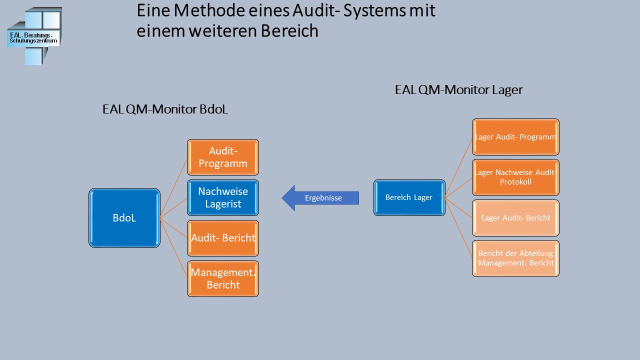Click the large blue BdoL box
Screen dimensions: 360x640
tap(124, 218)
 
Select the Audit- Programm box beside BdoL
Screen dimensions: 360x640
tap(223, 157)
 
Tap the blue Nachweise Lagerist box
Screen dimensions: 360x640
tap(223, 197)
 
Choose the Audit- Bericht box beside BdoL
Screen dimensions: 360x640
tap(223, 238)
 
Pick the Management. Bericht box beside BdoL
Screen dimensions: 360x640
tap(223, 278)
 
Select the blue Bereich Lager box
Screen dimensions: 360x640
tap(409, 197)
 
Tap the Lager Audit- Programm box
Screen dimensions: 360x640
tap(515, 137)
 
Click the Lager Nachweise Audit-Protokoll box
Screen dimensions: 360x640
tap(515, 177)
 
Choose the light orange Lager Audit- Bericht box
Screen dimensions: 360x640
tap(515, 218)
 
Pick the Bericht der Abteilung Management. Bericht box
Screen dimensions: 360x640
tap(515, 258)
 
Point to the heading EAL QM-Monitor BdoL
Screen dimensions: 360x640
tap(165, 109)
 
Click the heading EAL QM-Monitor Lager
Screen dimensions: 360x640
tap(458, 90)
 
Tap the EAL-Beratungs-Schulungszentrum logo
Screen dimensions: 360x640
tap(34, 36)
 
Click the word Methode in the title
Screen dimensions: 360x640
tap(202, 11)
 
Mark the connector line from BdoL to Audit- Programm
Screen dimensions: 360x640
tap(173, 188)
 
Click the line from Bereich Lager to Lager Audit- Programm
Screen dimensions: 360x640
tap(458, 167)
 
